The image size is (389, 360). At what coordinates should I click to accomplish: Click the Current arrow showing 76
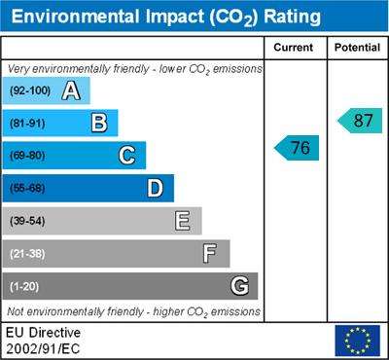297,148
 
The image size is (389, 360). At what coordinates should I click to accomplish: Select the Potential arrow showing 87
360,121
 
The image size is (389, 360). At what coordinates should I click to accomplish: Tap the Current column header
294,48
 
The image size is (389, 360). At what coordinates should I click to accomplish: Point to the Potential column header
357,48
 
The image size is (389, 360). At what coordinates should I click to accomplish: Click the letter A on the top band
71,90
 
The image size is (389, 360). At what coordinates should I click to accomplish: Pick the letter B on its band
99,123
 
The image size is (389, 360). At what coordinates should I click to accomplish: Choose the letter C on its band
126,156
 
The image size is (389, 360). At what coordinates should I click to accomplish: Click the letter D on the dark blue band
156,188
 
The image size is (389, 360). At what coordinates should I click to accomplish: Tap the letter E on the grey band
183,221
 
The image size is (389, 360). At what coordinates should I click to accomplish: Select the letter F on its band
210,254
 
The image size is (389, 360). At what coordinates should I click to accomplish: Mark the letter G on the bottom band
240,286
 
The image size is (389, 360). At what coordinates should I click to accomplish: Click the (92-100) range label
30,90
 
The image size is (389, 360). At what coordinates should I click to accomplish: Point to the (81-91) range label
27,124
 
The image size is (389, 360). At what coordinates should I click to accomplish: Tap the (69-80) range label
27,156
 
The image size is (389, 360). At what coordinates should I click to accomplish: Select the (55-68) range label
27,189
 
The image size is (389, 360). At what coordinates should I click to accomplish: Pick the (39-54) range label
27,221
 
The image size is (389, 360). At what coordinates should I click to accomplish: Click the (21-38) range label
27,254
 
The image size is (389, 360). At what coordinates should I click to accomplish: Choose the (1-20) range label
24,287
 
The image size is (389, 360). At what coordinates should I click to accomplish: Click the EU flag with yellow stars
358,341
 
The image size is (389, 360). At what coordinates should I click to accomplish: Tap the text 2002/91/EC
43,349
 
